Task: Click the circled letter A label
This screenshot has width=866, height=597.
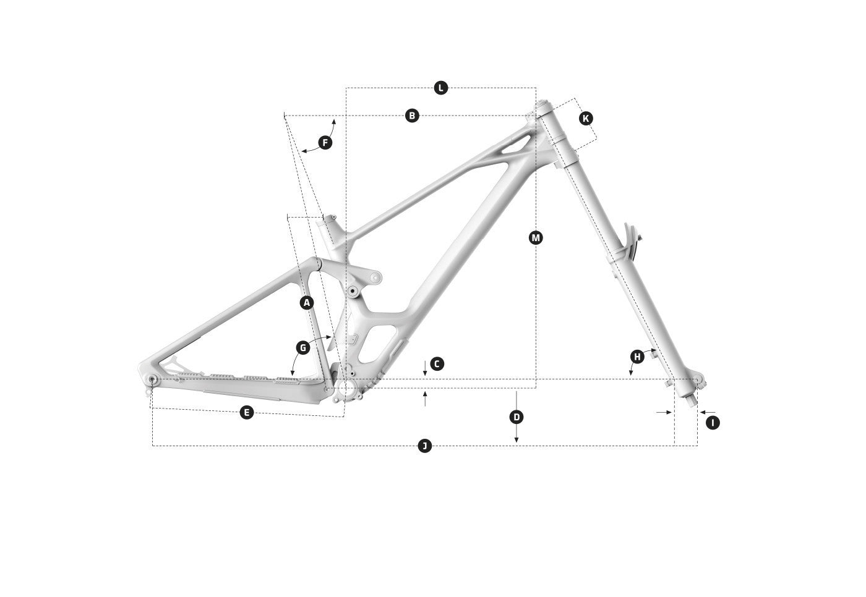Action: coord(307,303)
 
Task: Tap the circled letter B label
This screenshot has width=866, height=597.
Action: coord(412,116)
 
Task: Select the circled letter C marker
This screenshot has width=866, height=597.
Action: coord(437,364)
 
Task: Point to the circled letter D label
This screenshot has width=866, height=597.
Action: coord(517,417)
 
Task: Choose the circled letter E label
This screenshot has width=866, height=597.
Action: coord(247,412)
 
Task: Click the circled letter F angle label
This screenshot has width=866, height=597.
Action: coord(325,143)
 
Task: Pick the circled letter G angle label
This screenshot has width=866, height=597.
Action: coord(303,348)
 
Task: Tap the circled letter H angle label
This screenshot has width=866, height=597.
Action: coord(637,357)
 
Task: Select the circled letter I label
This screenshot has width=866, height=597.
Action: coord(713,423)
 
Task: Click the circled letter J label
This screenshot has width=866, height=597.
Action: coord(424,446)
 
